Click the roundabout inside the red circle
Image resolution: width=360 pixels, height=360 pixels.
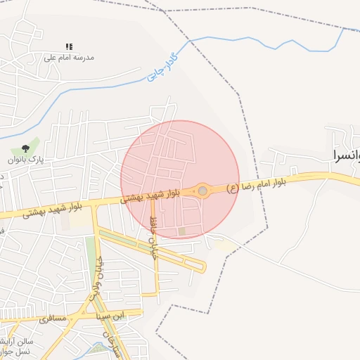[202, 191]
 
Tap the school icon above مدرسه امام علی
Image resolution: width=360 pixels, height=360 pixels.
[69, 46]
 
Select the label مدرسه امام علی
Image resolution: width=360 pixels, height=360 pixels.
[69, 57]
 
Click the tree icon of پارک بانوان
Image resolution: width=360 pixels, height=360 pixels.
[25, 148]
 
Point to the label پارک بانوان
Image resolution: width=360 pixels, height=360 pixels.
[26, 160]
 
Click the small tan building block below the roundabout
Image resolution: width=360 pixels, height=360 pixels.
[182, 231]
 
